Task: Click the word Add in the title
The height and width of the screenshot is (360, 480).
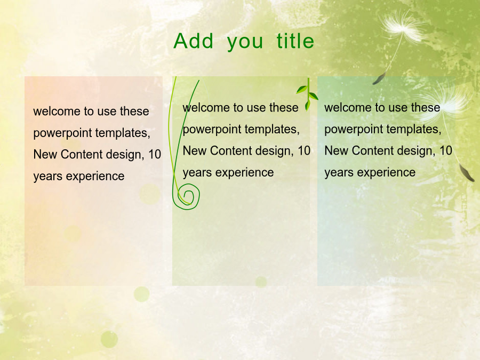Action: pos(194,41)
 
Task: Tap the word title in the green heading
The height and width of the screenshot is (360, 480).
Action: pos(295,41)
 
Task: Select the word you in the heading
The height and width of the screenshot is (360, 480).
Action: pos(245,43)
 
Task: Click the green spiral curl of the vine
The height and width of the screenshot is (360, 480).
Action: pos(186,197)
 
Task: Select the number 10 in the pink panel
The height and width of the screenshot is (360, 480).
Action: pos(155,154)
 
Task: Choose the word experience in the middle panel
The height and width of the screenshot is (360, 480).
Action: pos(245,173)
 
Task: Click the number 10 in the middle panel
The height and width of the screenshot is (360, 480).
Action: pos(304,150)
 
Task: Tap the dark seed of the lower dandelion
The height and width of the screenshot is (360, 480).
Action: pos(466,172)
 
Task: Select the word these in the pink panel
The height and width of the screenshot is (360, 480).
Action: pos(134,111)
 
